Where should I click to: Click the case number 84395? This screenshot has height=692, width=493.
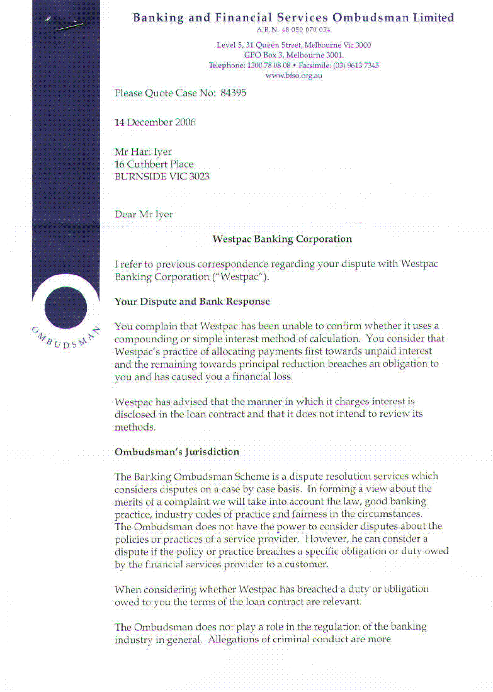(x=233, y=93)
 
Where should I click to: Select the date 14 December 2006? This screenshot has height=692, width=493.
(x=155, y=122)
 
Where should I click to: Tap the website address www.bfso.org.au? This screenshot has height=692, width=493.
(x=293, y=76)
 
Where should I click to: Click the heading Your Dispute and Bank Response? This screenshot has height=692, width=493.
(x=192, y=302)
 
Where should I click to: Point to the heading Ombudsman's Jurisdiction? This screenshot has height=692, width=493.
(x=177, y=451)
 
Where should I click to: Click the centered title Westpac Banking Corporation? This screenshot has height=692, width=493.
(x=282, y=239)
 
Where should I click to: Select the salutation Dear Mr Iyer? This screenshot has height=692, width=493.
(x=144, y=214)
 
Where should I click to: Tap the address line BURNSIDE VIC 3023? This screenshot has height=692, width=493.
(x=162, y=177)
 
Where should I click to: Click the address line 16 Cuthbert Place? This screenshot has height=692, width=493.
(x=154, y=164)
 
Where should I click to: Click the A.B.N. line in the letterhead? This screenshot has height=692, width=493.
(x=293, y=30)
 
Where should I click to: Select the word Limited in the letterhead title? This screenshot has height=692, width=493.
(x=433, y=18)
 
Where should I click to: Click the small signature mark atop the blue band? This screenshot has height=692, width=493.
(x=68, y=25)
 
